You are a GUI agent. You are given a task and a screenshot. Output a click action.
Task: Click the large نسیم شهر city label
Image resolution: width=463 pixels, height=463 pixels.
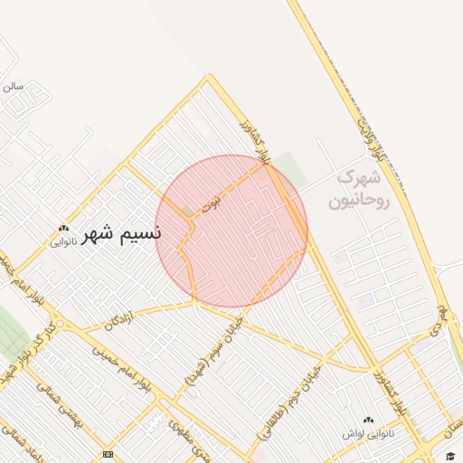121,234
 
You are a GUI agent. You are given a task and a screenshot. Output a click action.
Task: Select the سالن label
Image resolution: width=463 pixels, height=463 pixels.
12,87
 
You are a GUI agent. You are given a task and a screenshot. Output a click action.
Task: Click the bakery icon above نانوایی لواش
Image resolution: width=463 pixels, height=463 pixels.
368,420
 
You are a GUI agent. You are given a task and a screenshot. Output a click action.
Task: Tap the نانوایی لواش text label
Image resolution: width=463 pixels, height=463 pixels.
368,434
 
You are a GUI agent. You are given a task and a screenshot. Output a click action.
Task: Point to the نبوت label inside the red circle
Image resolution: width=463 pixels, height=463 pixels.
211,204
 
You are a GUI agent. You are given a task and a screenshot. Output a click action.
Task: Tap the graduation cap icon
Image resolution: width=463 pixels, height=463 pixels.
449,455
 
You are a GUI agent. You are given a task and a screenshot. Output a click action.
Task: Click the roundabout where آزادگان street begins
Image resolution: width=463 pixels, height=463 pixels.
61,323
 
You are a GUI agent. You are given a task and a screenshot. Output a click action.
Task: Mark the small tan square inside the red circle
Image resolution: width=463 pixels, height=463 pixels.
187,211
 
